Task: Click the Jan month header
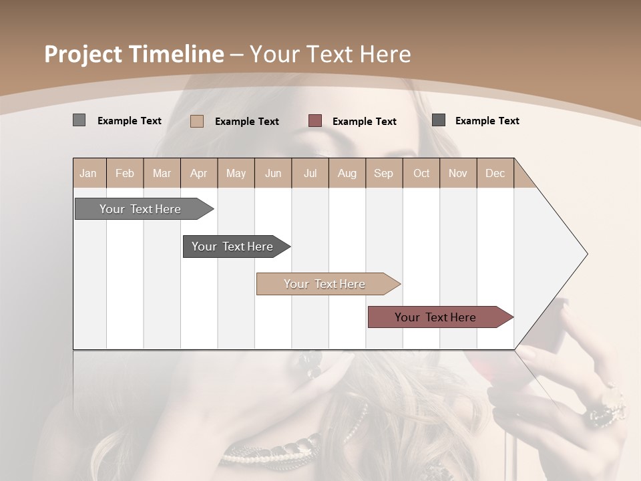pyautogui.click(x=88, y=173)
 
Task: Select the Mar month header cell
pyautogui.click(x=162, y=173)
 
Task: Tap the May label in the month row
pyautogui.click(x=236, y=173)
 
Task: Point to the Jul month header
pyautogui.click(x=310, y=173)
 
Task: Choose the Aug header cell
pyautogui.click(x=347, y=173)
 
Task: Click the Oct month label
pyautogui.click(x=421, y=173)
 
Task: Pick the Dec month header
pyautogui.click(x=495, y=173)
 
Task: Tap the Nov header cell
pyautogui.click(x=457, y=173)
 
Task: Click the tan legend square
pyautogui.click(x=197, y=121)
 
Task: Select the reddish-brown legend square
pyautogui.click(x=315, y=121)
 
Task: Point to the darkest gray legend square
pyautogui.click(x=439, y=120)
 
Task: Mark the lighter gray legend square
pyautogui.click(x=79, y=120)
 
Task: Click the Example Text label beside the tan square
pyautogui.click(x=247, y=122)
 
